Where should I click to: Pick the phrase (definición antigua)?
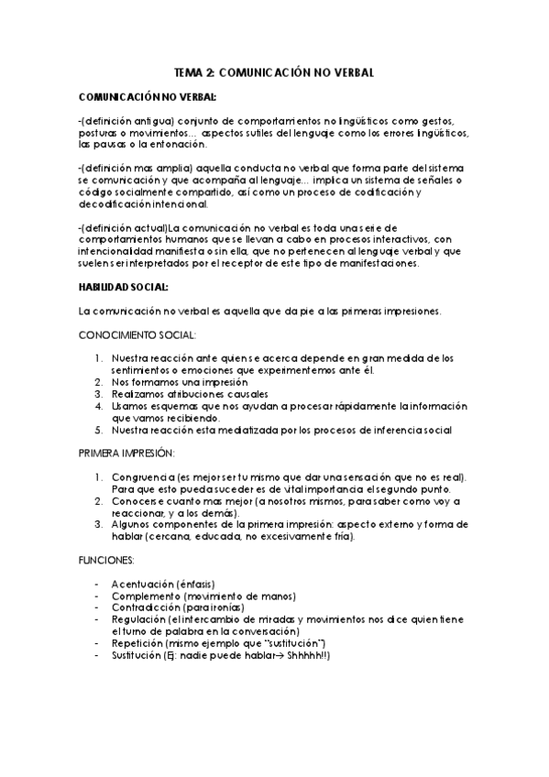124,121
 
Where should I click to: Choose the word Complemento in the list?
145,596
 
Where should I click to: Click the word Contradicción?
147,607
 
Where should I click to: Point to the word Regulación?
138,619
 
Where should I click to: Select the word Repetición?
137,644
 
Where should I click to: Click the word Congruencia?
143,477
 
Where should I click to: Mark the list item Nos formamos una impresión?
174,381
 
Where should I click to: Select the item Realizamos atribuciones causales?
183,393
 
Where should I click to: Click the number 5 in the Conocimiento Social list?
99,429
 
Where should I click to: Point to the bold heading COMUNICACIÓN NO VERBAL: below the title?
148,97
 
